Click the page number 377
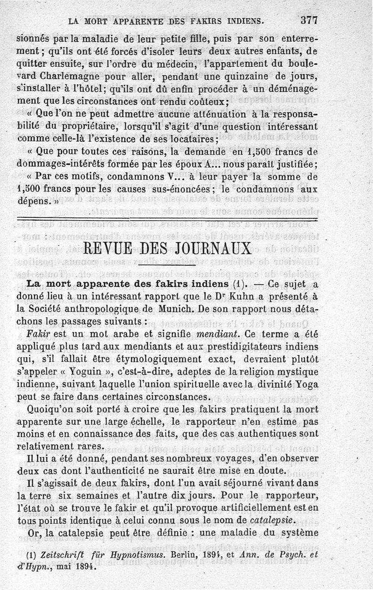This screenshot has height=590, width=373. (309, 20)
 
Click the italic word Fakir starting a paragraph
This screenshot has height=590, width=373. (38, 334)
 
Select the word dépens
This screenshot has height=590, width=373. (31, 202)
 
